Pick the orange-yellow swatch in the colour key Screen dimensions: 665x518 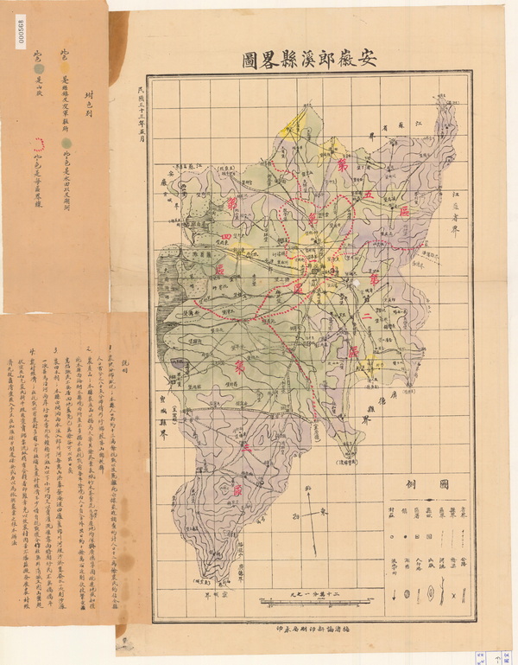pyautogui.click(x=63, y=55)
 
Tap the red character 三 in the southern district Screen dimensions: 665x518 pyautogui.click(x=247, y=449)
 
